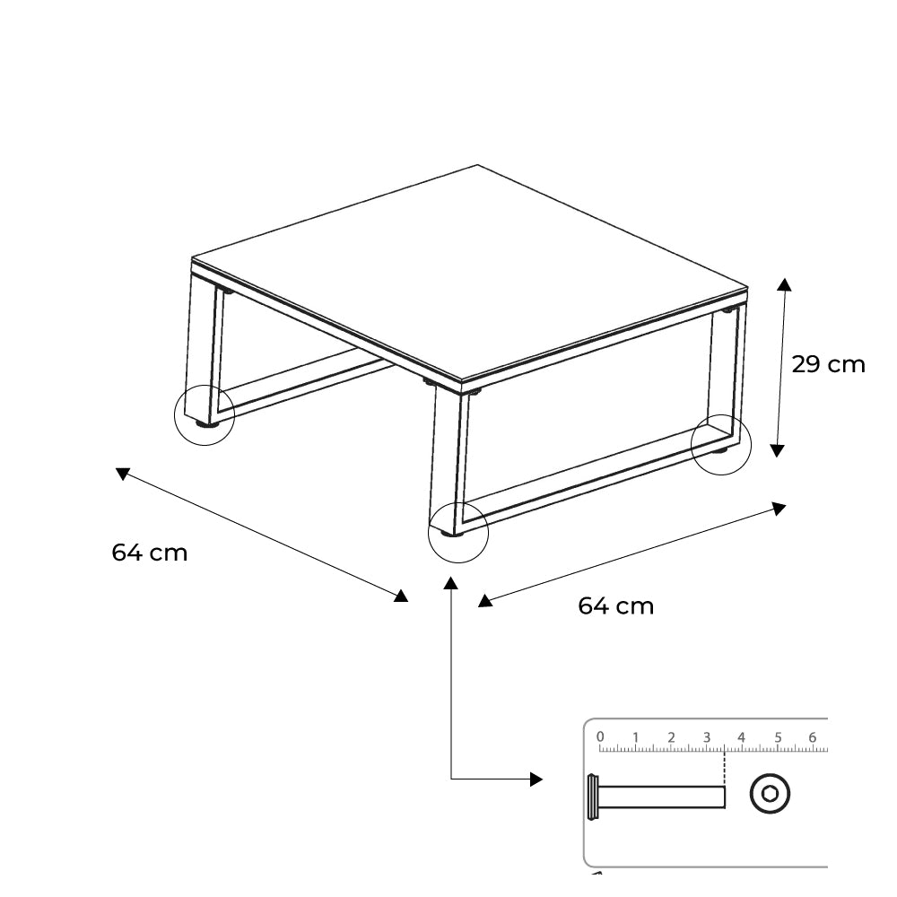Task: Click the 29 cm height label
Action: [828, 364]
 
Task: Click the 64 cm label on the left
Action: [149, 553]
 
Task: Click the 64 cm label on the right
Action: [615, 605]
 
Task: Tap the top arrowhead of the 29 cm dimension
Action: [784, 285]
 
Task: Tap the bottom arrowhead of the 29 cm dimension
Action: [776, 450]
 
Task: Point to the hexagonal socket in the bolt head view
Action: [770, 794]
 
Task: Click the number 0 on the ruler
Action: [600, 736]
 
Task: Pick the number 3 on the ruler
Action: [707, 737]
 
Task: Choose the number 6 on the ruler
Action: [813, 737]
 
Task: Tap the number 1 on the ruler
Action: [636, 737]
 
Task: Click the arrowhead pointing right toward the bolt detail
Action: [536, 779]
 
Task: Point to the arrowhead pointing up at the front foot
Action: [451, 583]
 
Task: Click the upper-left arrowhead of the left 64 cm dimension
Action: [123, 473]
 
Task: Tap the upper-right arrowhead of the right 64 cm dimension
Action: [779, 508]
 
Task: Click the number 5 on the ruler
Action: [778, 737]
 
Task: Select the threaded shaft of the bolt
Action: [662, 797]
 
